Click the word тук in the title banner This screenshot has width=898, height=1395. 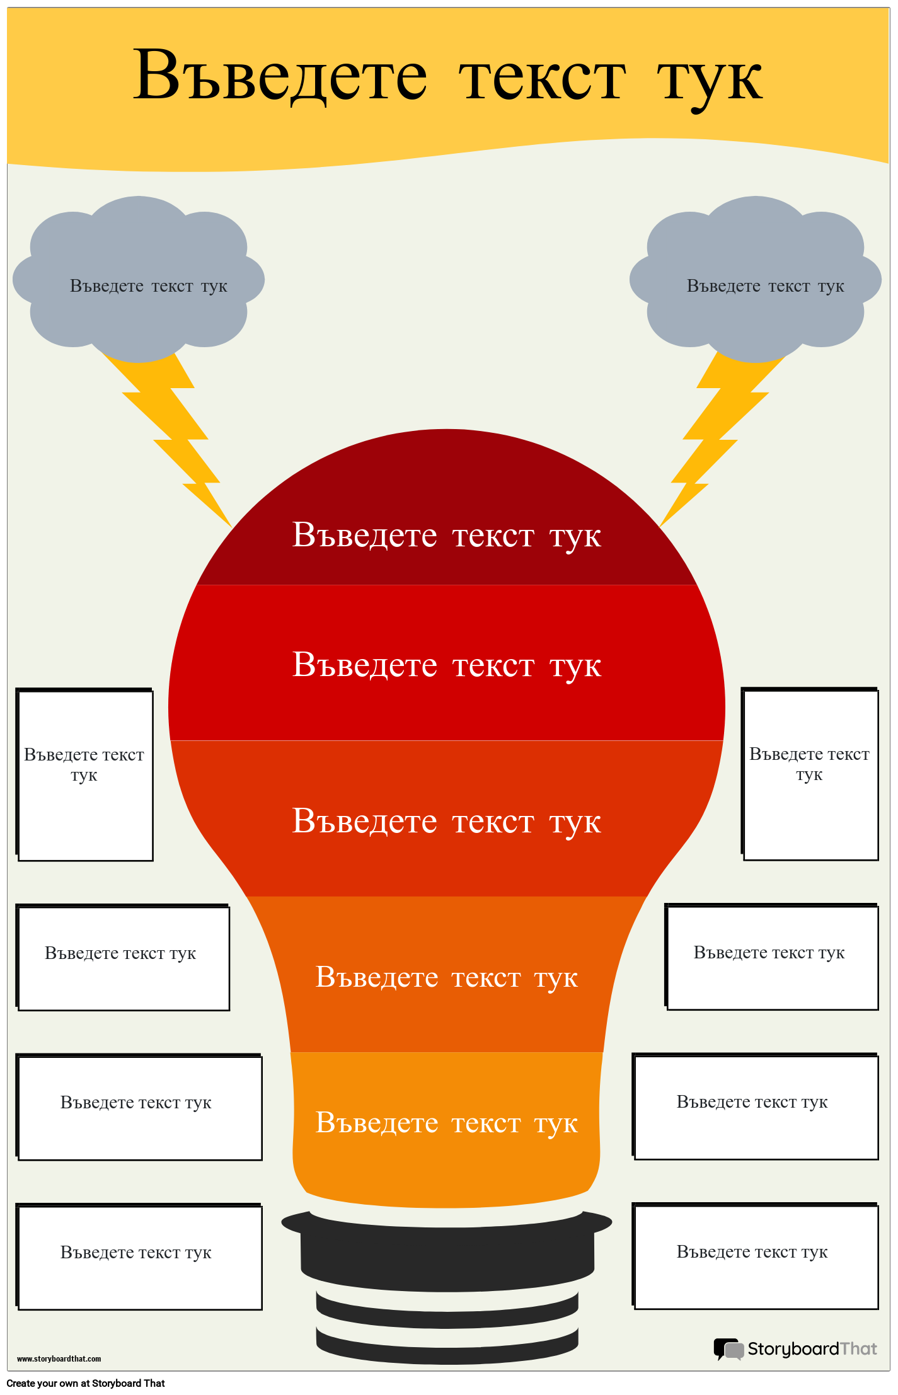(710, 79)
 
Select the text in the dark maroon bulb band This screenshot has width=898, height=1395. (446, 536)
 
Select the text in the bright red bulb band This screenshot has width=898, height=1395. (446, 665)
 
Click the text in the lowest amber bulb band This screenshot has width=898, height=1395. (446, 1123)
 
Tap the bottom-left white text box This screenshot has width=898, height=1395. (139, 1257)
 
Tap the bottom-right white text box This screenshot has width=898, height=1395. (756, 1256)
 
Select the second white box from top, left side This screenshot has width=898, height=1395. (124, 958)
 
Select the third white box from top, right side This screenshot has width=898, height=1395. (756, 1107)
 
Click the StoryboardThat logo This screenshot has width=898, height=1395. (795, 1349)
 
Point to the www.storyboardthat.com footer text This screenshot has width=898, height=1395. (59, 1359)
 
